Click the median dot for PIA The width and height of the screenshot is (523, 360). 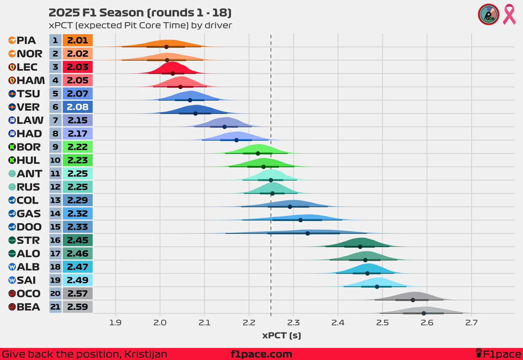pyautogui.click(x=166, y=47)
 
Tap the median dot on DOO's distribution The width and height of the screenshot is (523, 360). pyautogui.click(x=307, y=233)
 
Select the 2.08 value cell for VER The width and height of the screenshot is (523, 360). pyautogui.click(x=78, y=107)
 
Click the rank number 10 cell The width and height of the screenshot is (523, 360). pyautogui.click(x=55, y=160)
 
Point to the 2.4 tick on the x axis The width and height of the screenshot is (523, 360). pyautogui.click(x=338, y=323)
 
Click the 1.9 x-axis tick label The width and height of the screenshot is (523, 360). pyautogui.click(x=115, y=323)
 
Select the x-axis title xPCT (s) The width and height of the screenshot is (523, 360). pyautogui.click(x=282, y=335)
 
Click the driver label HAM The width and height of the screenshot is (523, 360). pyautogui.click(x=31, y=80)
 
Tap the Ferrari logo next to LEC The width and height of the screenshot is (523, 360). pyautogui.click(x=12, y=67)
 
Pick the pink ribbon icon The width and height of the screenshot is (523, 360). pyautogui.click(x=509, y=14)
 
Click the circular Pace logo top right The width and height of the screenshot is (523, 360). pyautogui.click(x=489, y=14)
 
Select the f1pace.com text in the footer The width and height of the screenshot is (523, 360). pyautogui.click(x=261, y=354)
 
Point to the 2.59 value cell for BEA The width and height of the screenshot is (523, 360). pyautogui.click(x=78, y=307)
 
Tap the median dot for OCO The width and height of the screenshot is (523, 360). pyautogui.click(x=413, y=300)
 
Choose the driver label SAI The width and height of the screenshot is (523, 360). pyautogui.click(x=26, y=280)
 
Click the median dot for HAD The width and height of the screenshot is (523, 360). pyautogui.click(x=236, y=140)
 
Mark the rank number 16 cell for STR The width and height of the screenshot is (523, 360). pyautogui.click(x=55, y=240)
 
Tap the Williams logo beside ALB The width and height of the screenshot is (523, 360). pyautogui.click(x=12, y=267)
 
